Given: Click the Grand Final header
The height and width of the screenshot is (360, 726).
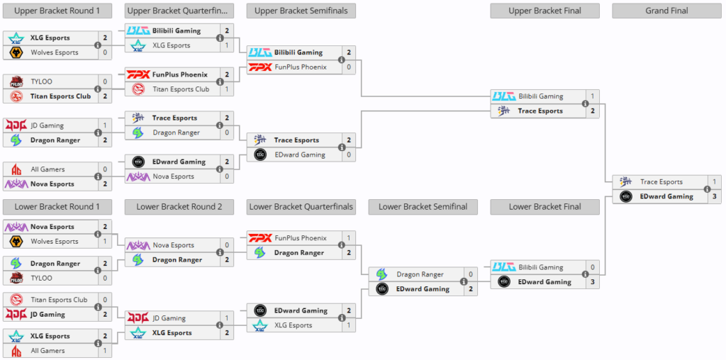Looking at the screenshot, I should (666, 11).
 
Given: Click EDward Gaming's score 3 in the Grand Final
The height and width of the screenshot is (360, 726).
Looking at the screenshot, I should (714, 196).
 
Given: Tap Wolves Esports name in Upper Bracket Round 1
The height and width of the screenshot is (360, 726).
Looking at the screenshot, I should (54, 52).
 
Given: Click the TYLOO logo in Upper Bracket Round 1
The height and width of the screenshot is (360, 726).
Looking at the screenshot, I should (16, 82).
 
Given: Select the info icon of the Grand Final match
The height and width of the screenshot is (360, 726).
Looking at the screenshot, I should (707, 189).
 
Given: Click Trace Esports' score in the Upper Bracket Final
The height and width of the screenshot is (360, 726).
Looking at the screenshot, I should (592, 111).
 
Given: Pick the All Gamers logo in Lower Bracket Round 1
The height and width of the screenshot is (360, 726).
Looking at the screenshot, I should (16, 351).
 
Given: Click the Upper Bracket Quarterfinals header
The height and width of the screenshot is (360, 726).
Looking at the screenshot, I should (179, 11).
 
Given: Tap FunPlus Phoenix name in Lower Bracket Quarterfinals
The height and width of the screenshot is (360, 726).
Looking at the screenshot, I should (301, 238).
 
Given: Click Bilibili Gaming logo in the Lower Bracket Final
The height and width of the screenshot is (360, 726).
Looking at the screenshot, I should (503, 267).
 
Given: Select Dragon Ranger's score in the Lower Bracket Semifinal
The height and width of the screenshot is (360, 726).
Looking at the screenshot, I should (470, 274).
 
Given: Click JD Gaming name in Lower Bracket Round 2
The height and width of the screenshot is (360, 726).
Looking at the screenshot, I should (169, 318).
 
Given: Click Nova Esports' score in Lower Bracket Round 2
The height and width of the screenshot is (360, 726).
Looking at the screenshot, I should (227, 245).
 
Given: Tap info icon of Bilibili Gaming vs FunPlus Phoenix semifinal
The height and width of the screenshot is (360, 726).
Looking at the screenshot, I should (342, 60).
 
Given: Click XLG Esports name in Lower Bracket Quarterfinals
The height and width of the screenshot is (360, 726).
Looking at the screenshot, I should (293, 325).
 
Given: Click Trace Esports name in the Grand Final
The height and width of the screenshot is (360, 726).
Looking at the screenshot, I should (661, 182).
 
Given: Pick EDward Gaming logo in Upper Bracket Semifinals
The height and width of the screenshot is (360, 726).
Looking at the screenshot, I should (260, 154).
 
